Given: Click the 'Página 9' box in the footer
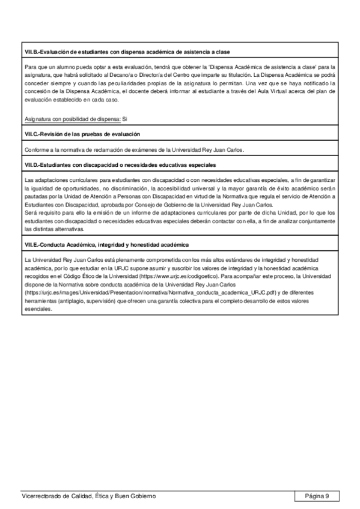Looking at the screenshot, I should click(317, 496).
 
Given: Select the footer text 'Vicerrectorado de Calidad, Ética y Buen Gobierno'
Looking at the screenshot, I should click(88, 496).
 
